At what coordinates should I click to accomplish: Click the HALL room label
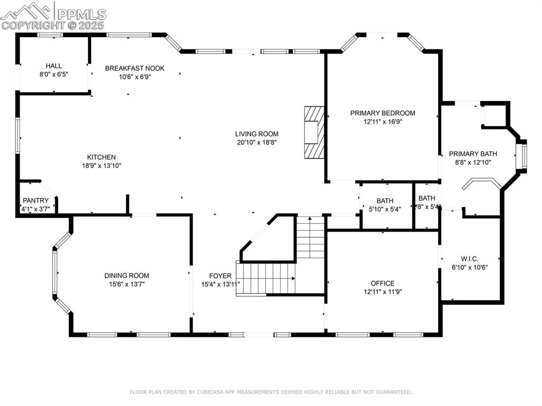(53, 66)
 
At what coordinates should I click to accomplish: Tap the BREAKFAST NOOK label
(134, 68)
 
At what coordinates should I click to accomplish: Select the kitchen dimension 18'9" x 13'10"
(101, 165)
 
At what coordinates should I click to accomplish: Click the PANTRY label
(35, 201)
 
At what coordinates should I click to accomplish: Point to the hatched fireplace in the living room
(313, 132)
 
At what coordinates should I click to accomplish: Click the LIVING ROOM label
(257, 134)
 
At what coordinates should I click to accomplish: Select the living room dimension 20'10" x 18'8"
(257, 142)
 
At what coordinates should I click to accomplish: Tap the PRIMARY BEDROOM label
(382, 113)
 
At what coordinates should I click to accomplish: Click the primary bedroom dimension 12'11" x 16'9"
(382, 121)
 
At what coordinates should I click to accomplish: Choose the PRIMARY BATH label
(473, 154)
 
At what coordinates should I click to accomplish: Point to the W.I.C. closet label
(469, 259)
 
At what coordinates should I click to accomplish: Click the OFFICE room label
(382, 283)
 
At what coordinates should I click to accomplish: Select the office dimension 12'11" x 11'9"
(382, 291)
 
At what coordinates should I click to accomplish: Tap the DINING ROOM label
(127, 275)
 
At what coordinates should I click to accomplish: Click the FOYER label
(220, 276)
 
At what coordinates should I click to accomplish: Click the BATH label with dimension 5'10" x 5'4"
(385, 201)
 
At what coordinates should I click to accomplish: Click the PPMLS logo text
(82, 14)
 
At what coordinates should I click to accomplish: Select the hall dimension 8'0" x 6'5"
(53, 74)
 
